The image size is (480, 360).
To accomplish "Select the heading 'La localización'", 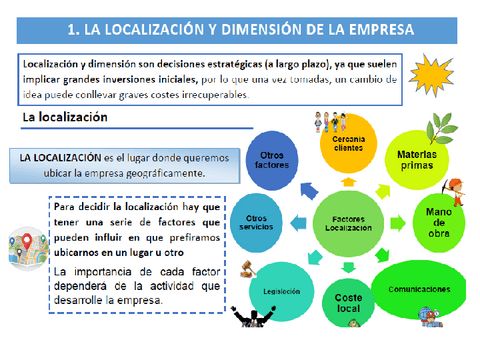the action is (64, 118).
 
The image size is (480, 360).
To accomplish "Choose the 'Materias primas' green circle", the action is (415, 160).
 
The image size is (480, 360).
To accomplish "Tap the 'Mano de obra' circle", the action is (439, 222).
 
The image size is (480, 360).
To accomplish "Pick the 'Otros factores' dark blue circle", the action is (273, 162).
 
